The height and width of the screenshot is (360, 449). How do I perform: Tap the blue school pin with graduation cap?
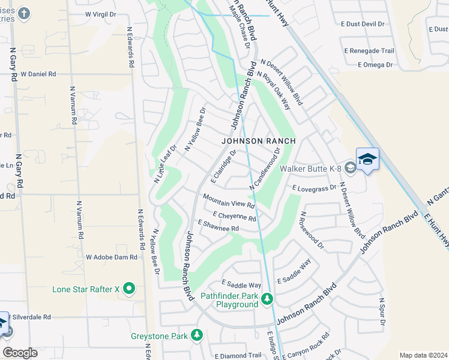(x=367, y=159)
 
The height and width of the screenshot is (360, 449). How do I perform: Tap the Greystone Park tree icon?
(x=196, y=335)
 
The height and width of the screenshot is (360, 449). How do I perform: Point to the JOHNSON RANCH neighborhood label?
(x=259, y=141)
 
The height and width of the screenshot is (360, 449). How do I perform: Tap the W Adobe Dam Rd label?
(x=112, y=257)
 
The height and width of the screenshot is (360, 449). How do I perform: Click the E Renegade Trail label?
(x=369, y=51)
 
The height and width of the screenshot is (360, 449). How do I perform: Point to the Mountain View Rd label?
(x=229, y=201)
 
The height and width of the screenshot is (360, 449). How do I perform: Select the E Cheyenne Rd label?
(x=234, y=216)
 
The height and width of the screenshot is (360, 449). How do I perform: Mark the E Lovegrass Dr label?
(x=315, y=188)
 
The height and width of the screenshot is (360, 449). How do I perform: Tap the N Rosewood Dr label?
(x=312, y=230)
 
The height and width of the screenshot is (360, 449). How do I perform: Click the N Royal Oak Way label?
(x=274, y=91)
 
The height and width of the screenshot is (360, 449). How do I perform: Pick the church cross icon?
(x=23, y=13)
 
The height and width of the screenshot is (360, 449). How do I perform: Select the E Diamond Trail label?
(x=238, y=356)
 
